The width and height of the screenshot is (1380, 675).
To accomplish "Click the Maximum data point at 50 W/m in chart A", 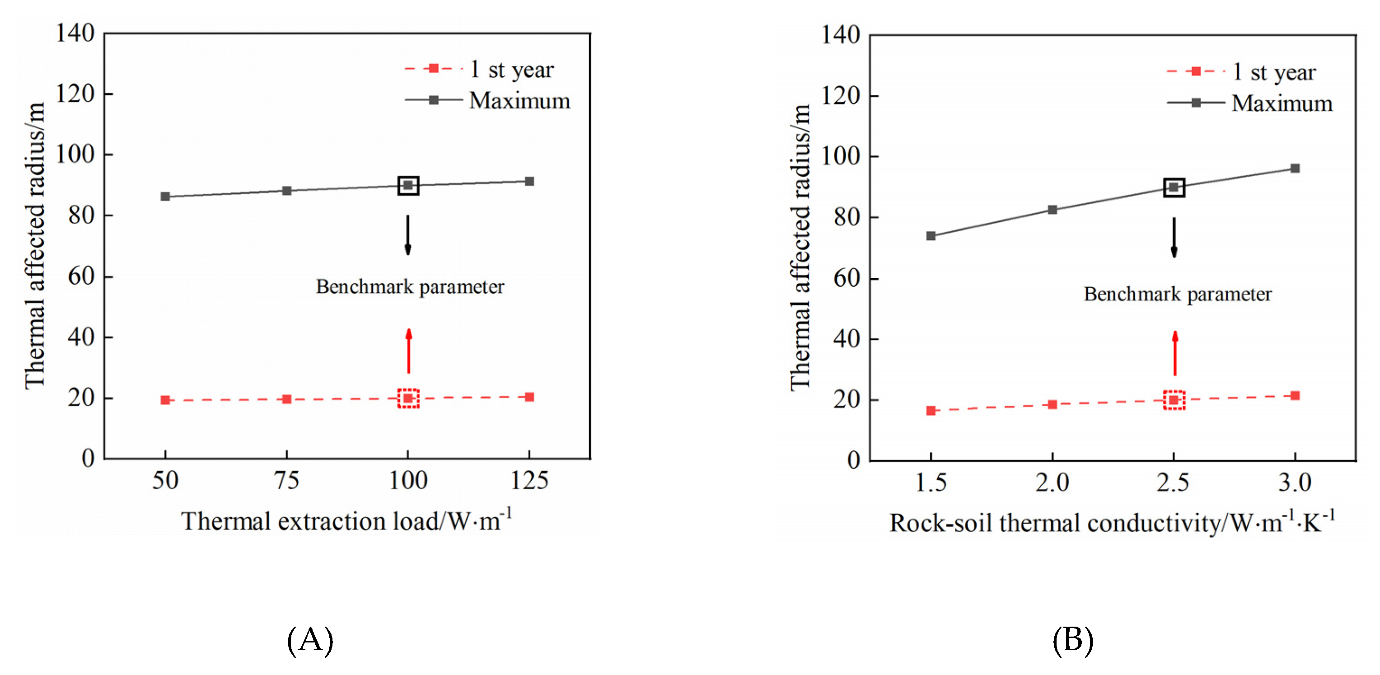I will (165, 197).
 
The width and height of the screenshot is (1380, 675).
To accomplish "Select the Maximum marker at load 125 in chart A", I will (529, 181).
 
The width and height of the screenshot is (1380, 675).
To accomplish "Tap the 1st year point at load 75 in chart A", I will (286, 399).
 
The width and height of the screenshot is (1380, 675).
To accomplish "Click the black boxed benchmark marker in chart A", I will (408, 185).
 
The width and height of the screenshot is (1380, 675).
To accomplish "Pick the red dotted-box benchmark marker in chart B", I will (1174, 400).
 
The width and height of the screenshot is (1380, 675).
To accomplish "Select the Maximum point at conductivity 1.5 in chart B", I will (931, 236).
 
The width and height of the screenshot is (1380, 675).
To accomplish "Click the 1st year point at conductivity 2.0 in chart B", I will (1052, 404).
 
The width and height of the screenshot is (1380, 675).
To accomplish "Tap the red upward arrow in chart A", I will (409, 351).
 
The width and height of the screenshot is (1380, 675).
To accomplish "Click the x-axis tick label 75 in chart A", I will (286, 481).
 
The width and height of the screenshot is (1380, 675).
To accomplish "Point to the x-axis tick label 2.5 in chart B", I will (1173, 483).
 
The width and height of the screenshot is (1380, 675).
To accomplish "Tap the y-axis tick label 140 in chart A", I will (75, 33).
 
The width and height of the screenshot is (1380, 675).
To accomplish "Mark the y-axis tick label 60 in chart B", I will (847, 279).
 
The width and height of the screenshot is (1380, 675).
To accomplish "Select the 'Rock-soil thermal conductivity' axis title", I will (1112, 523).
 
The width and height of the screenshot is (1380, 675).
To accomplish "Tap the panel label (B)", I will (1072, 640).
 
